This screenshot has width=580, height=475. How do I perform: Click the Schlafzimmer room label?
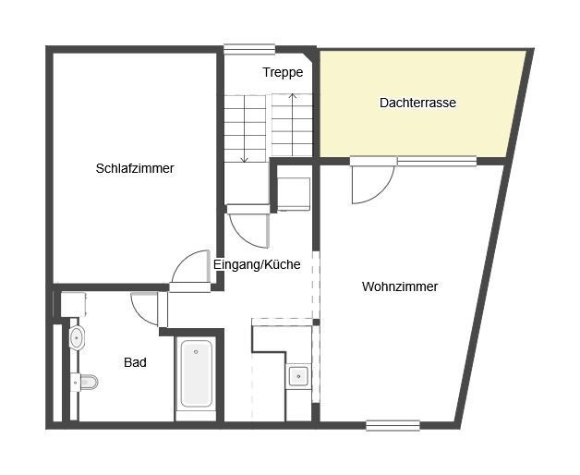click(135, 169)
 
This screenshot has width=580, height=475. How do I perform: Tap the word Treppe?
click(283, 72)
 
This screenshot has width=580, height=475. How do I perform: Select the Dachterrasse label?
click(417, 103)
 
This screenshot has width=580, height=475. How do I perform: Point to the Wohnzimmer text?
click(399, 286)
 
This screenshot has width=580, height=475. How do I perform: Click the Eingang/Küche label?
click(257, 264)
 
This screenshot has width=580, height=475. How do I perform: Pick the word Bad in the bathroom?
click(135, 363)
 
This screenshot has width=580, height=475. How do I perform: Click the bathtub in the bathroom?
click(196, 374)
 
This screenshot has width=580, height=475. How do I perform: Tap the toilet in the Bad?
click(86, 381)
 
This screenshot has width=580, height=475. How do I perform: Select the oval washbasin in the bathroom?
click(77, 336)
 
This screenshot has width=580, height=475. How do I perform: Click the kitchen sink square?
click(298, 375)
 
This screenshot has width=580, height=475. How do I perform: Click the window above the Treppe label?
click(249, 48)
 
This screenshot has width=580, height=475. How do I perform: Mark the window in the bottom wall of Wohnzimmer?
click(393, 425)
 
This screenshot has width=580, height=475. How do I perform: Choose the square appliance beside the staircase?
click(295, 190)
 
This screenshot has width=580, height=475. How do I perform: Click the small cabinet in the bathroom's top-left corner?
click(73, 304)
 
